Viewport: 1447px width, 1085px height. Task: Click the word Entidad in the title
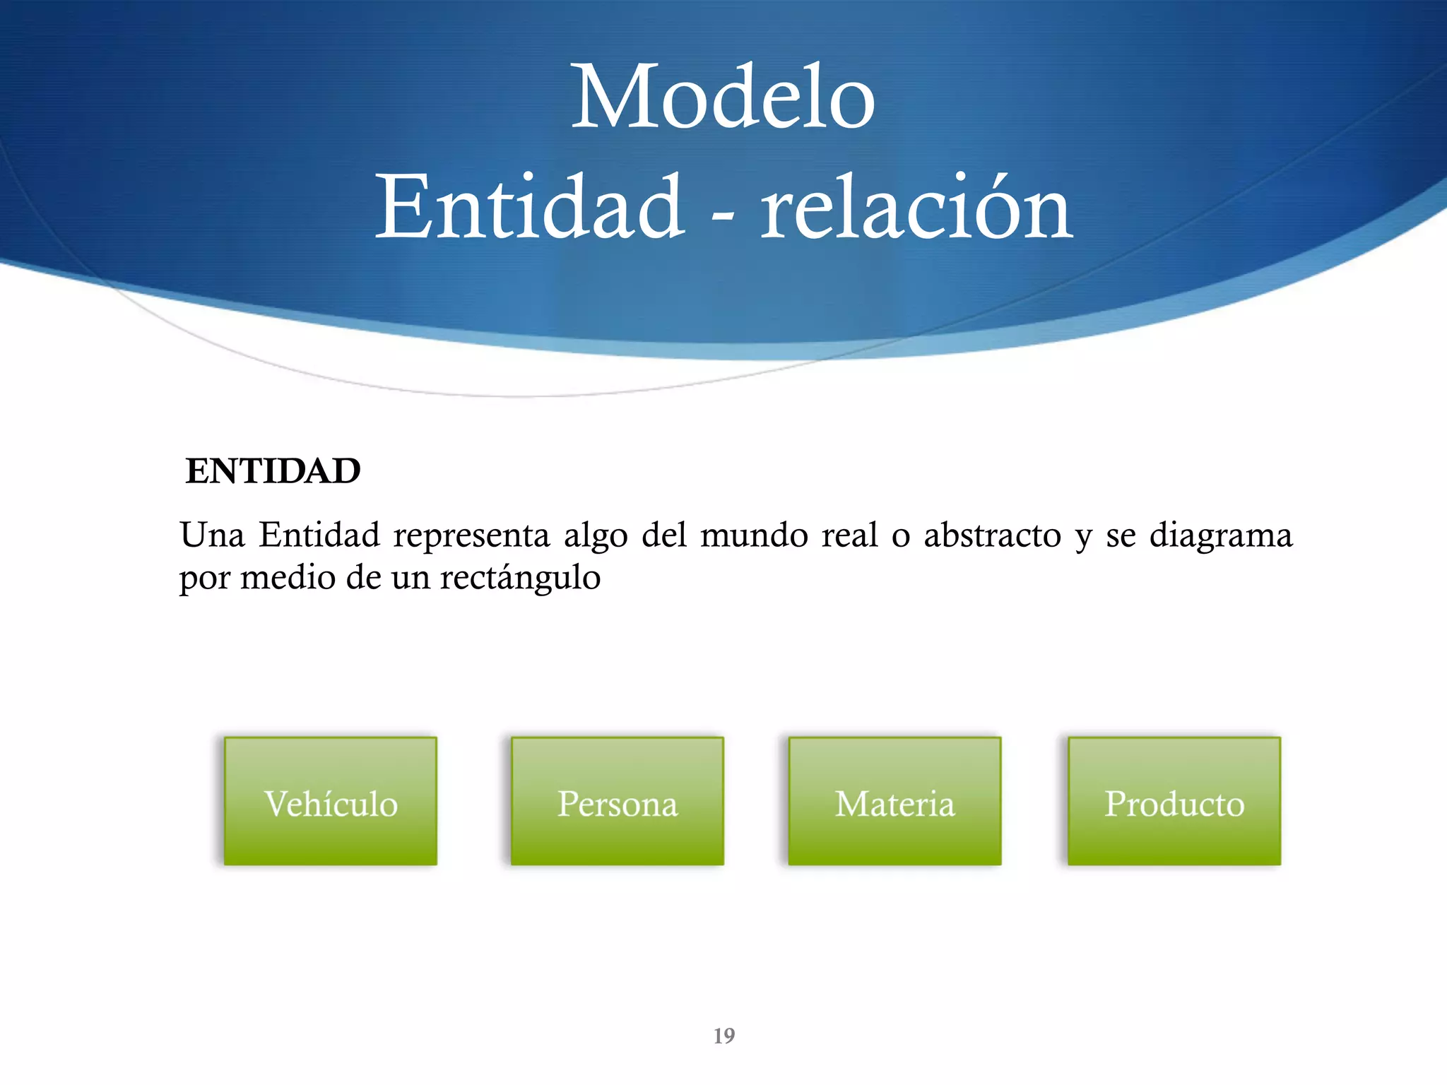[x=529, y=208]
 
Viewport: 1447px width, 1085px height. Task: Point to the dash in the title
[x=722, y=212]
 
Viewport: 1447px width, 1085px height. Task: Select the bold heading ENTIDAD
[x=273, y=471]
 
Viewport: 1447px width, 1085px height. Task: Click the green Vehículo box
[x=331, y=801]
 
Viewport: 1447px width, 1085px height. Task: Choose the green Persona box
[x=617, y=801]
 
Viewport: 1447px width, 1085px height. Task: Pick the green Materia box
[x=894, y=801]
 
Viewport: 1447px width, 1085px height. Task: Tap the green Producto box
[x=1174, y=801]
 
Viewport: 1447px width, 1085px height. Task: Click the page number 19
[x=723, y=1036]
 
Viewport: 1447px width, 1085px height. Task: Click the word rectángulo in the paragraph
[x=520, y=578]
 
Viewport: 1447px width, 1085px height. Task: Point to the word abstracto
[x=992, y=535]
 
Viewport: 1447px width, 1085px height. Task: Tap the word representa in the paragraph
[x=471, y=535]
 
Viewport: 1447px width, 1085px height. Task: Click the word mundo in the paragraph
[x=754, y=535]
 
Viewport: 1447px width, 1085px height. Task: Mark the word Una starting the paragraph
[x=212, y=535]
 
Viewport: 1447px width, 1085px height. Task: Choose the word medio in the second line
[x=288, y=578]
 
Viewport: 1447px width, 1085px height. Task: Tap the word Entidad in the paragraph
[x=319, y=535]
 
